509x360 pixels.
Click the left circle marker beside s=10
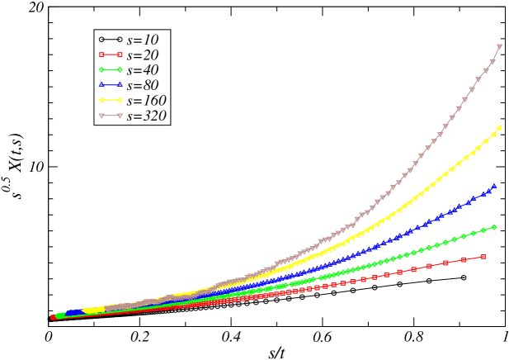coord(101,39)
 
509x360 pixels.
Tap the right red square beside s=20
coord(120,54)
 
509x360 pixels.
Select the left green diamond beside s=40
coord(101,69)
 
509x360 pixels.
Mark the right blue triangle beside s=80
coord(120,85)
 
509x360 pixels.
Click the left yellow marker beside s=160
coord(101,101)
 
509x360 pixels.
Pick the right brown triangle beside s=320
coord(120,116)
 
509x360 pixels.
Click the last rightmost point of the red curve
coord(483,257)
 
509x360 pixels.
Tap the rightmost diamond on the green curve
coord(494,226)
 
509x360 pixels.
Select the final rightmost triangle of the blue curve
coord(494,186)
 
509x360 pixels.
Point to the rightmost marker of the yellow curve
coord(500,127)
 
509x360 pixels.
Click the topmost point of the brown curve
coord(500,46)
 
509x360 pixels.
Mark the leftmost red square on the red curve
coord(53,317)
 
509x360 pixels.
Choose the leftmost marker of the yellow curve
coord(86,310)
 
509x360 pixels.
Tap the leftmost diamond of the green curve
coord(58,315)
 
